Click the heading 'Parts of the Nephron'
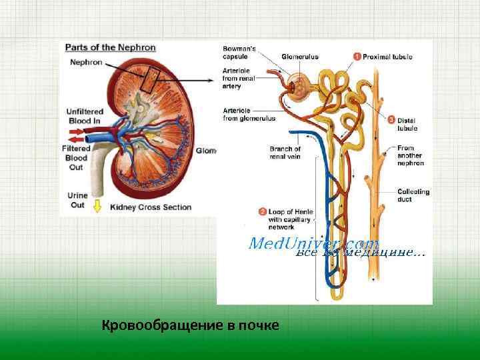pyautogui.click(x=110, y=47)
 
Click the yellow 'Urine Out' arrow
pyautogui.click(x=97, y=206)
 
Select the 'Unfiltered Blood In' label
pyautogui.click(x=83, y=116)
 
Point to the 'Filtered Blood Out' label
pyautogui.click(x=77, y=158)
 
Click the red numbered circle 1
pyautogui.click(x=357, y=57)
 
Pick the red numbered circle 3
pyautogui.click(x=391, y=119)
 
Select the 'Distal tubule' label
pyautogui.click(x=407, y=124)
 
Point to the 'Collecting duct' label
pyautogui.click(x=413, y=195)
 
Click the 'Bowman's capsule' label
pyautogui.click(x=239, y=53)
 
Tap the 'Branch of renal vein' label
pyautogui.click(x=285, y=153)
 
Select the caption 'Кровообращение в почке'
pyautogui.click(x=191, y=325)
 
